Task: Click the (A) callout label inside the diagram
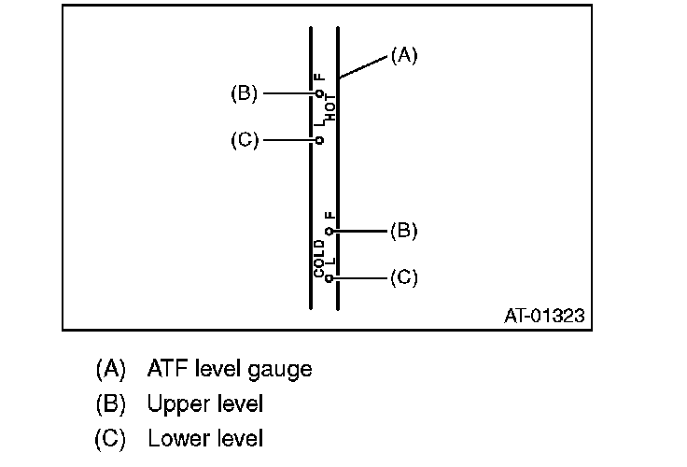pyautogui.click(x=403, y=56)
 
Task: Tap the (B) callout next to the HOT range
pyautogui.click(x=244, y=93)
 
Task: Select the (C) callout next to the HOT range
pyautogui.click(x=244, y=140)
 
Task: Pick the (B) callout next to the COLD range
pyautogui.click(x=403, y=230)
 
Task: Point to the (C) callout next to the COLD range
pyautogui.click(x=403, y=277)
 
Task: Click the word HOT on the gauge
pyautogui.click(x=330, y=110)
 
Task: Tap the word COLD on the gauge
pyautogui.click(x=319, y=259)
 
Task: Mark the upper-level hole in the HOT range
pyautogui.click(x=319, y=94)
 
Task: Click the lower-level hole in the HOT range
pyautogui.click(x=319, y=140)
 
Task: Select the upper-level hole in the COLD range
pyautogui.click(x=329, y=230)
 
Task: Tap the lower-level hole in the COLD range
pyautogui.click(x=329, y=277)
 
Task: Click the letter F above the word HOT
pyautogui.click(x=318, y=78)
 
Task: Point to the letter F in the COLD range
pyautogui.click(x=329, y=216)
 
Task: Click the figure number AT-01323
pyautogui.click(x=544, y=316)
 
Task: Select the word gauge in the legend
pyautogui.click(x=281, y=370)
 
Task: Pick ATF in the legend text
pyautogui.click(x=165, y=369)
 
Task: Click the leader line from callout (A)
pyautogui.click(x=363, y=67)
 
